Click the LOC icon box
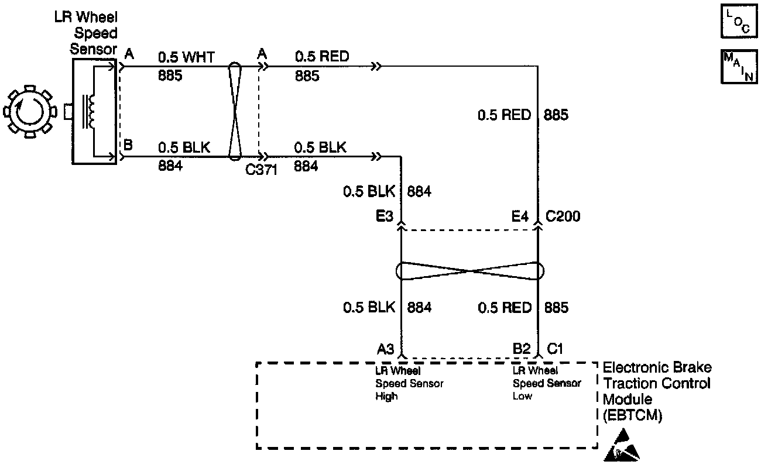coord(736,22)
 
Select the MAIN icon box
coord(736,67)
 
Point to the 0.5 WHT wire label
coord(186,57)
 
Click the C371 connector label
coord(261,170)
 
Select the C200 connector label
coord(563,217)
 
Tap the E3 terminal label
coord(385,217)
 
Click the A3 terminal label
coord(385,349)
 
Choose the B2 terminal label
coord(521,349)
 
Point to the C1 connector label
coord(554,349)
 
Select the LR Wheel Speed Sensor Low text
coord(547,383)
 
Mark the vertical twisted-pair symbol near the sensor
coord(234,111)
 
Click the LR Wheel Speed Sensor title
coord(94,33)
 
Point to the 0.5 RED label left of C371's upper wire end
coord(322,57)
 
